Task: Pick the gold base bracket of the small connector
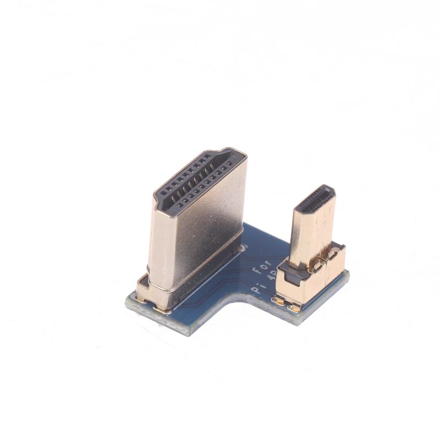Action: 308,283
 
